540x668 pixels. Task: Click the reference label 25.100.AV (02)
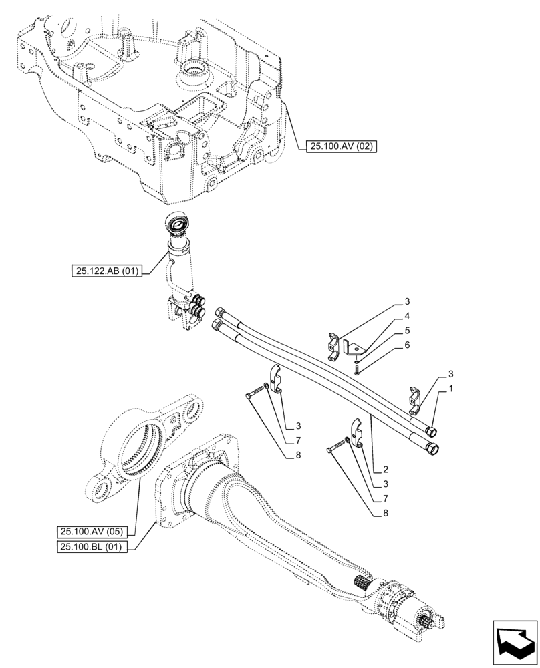[340, 146]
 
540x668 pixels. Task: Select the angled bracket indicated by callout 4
[352, 347]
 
